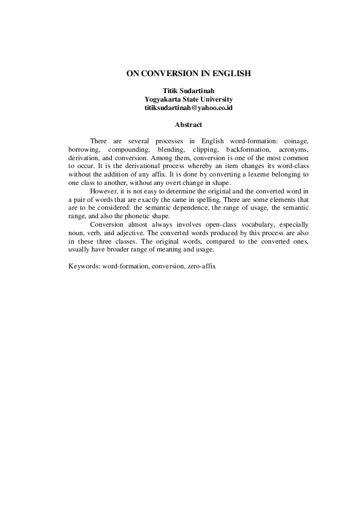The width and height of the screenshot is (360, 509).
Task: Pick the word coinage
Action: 295,140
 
